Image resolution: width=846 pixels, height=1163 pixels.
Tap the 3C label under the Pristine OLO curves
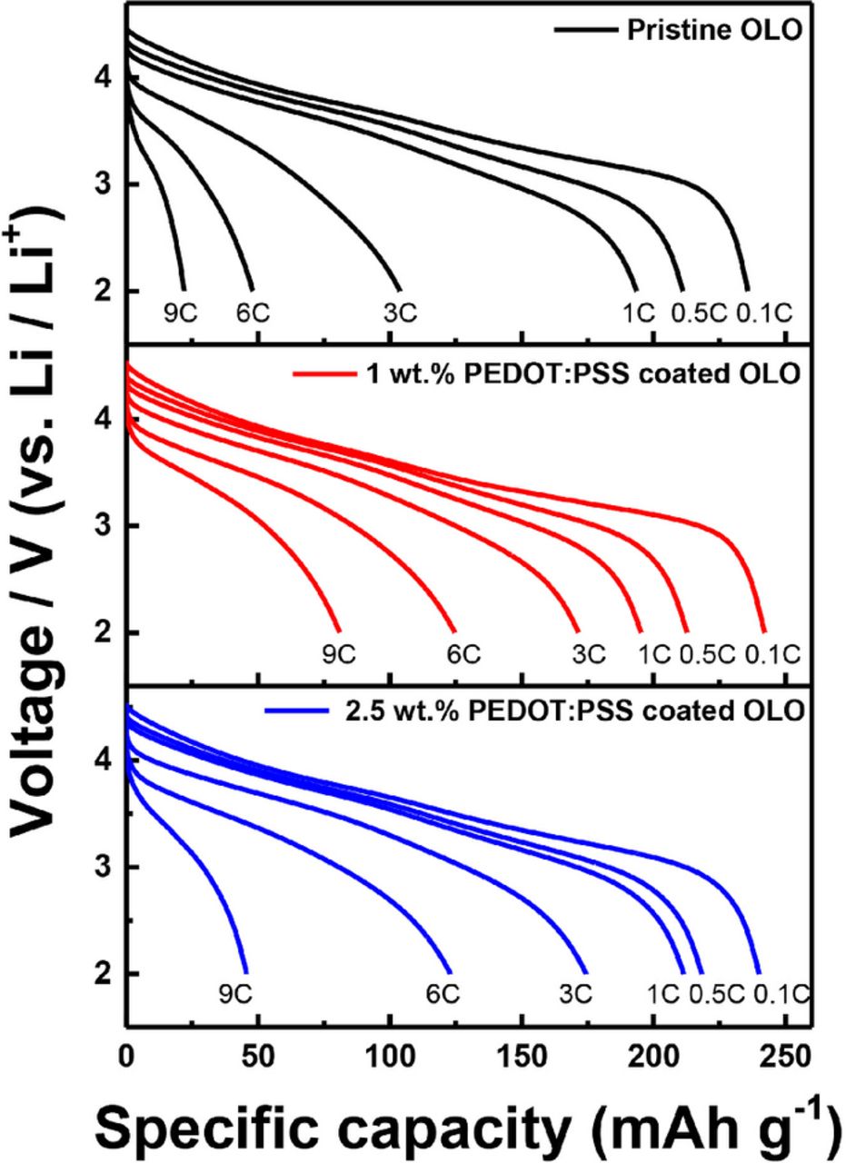click(399, 313)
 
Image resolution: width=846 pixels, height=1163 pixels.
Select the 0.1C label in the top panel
click(764, 313)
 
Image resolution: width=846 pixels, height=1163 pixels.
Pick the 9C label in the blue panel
click(234, 994)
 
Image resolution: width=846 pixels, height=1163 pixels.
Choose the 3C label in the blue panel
click(574, 994)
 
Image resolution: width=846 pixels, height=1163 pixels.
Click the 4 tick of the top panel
click(104, 78)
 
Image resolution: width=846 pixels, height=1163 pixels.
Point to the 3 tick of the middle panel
click(104, 526)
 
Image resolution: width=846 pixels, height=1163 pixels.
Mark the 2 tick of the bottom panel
click(104, 973)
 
